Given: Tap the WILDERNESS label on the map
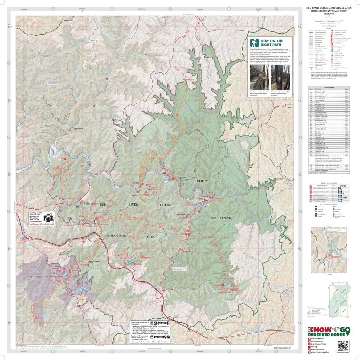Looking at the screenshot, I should tap(221, 218).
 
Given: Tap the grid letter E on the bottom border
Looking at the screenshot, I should tap(276, 351).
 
